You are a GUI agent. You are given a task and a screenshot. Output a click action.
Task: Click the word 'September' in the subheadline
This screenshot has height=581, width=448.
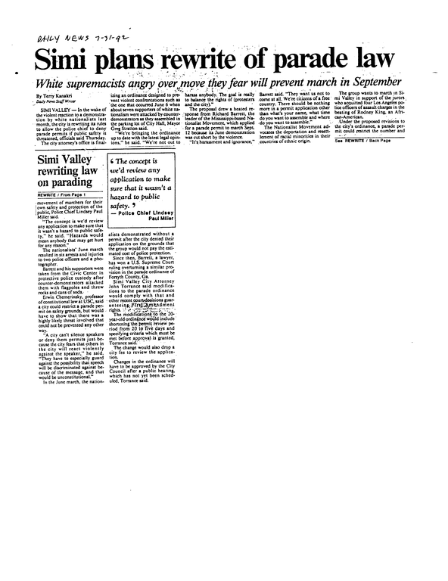click(363, 82)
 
